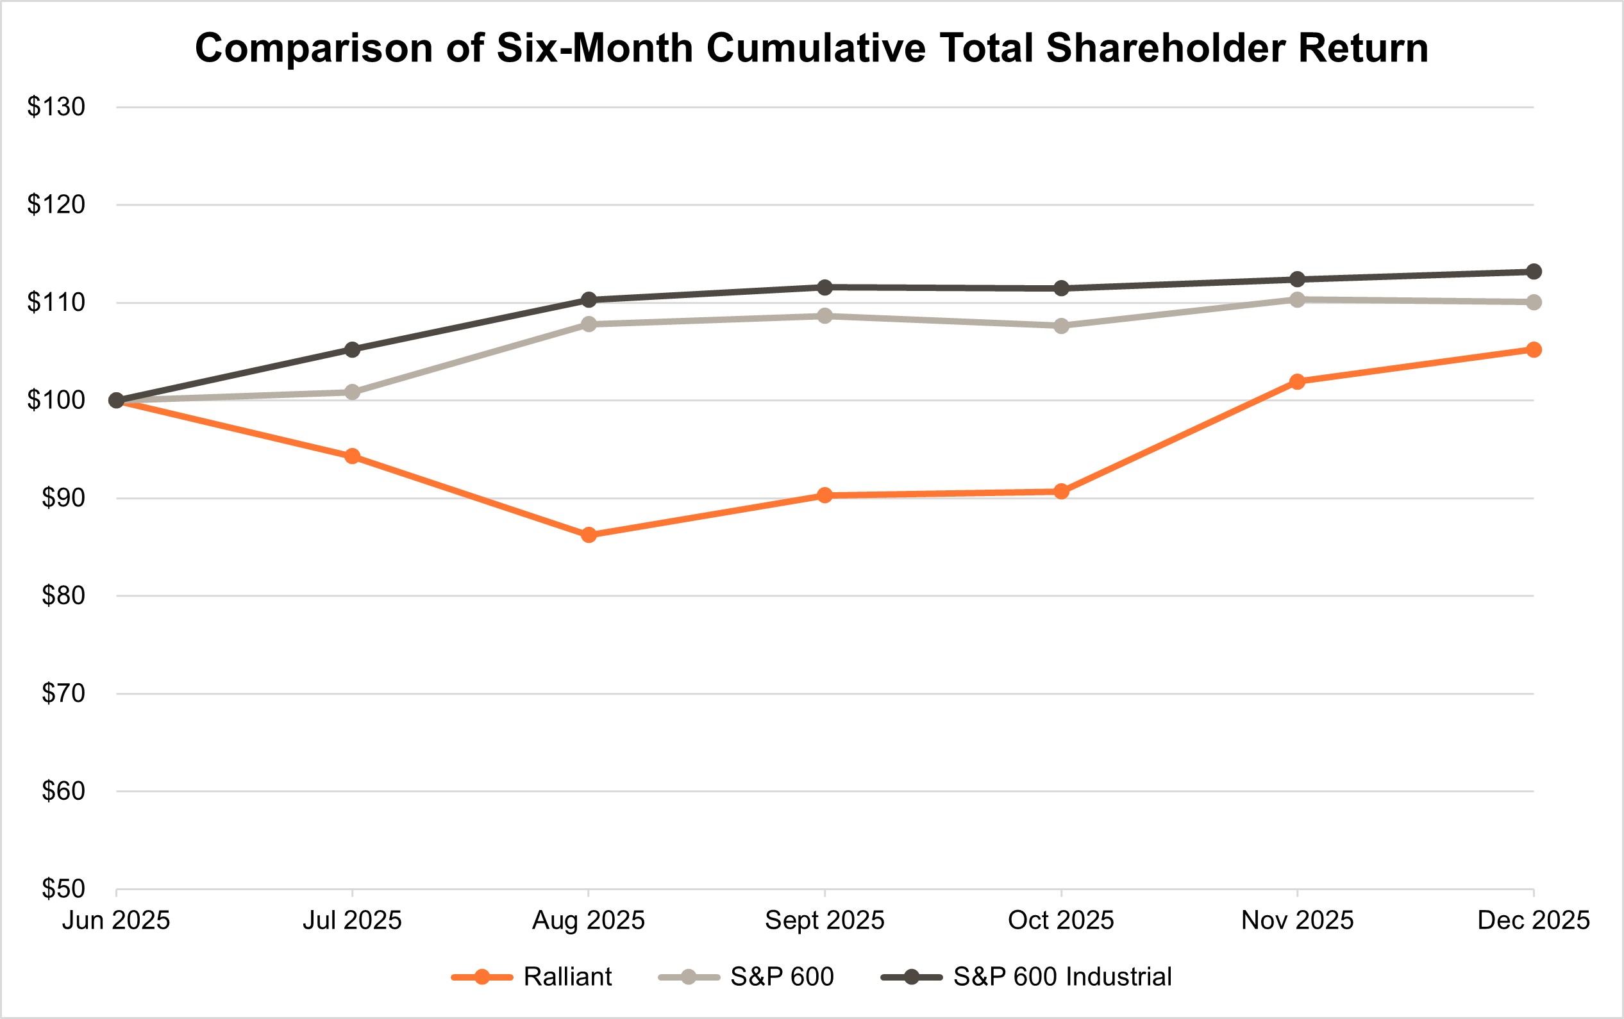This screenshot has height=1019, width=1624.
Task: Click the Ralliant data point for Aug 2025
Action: tap(589, 535)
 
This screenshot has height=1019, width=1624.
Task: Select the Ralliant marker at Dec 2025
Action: tap(1534, 349)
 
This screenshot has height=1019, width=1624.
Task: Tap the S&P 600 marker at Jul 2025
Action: tap(352, 392)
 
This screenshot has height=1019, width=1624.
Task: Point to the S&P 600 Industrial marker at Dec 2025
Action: tap(1534, 272)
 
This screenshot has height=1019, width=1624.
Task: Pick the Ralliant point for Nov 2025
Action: tap(1297, 381)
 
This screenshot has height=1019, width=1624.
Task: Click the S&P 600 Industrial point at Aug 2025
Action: tap(589, 299)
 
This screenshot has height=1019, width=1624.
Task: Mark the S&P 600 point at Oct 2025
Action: tap(1061, 326)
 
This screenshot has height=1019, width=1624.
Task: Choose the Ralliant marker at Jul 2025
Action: tap(352, 456)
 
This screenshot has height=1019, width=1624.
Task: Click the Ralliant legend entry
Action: tap(566, 977)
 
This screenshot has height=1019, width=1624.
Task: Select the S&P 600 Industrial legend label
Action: tap(1062, 977)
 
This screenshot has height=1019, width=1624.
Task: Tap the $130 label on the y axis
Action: tap(56, 107)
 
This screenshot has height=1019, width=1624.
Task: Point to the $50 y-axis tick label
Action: tap(63, 889)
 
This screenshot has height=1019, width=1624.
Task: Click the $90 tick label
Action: tap(63, 498)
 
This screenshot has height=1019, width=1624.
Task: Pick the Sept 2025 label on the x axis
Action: tap(825, 920)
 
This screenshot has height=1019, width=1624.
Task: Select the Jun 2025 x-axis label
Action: tap(116, 920)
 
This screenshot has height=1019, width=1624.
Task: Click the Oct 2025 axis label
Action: tap(1061, 920)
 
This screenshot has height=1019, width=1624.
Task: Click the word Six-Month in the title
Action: tap(594, 49)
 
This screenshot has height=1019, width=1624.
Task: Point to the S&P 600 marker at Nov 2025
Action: tap(1297, 300)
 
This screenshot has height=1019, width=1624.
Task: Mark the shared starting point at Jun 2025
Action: tap(116, 401)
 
